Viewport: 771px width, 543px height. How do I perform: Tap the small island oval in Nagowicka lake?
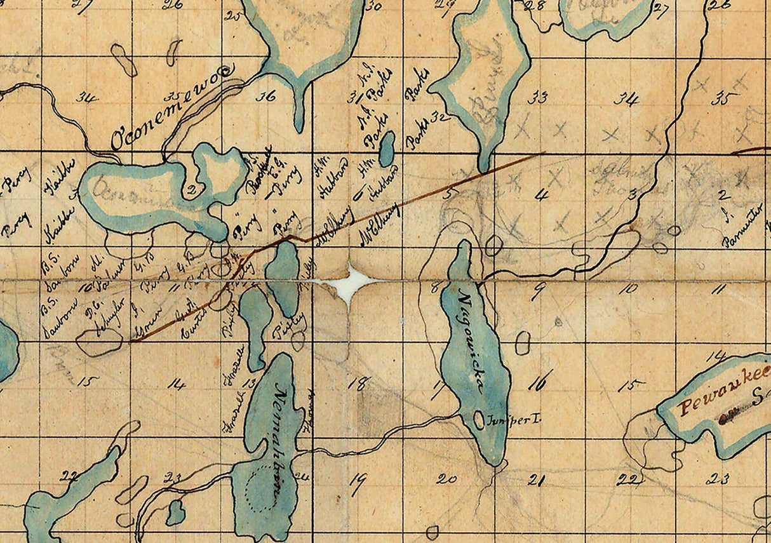[479, 420]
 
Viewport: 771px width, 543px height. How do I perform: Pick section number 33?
[539, 97]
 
